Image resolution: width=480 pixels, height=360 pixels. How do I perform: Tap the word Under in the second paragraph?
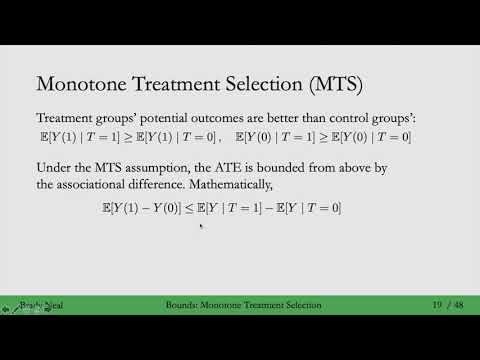(54, 167)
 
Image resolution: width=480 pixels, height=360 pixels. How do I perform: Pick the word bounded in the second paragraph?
(303, 167)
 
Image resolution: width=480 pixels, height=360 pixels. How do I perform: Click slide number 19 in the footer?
(437, 304)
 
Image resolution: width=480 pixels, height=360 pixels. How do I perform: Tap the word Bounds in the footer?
(183, 304)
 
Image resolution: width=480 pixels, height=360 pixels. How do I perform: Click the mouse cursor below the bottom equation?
(203, 226)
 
